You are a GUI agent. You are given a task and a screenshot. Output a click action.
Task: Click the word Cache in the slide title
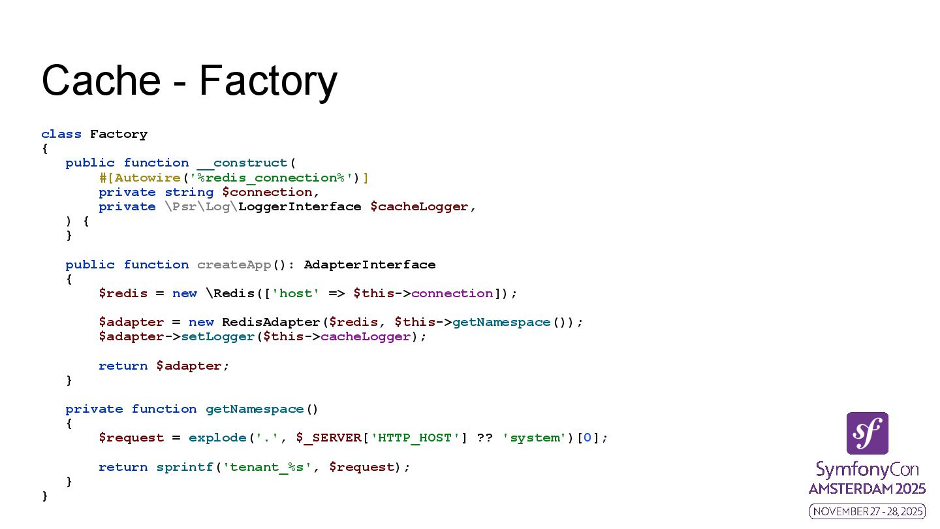click(x=101, y=80)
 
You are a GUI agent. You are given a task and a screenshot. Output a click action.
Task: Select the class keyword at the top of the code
click(x=61, y=134)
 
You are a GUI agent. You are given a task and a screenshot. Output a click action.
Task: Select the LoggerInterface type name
click(x=300, y=206)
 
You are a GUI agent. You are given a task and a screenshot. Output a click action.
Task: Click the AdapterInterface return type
click(x=369, y=264)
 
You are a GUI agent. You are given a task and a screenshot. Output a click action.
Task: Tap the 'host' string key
click(x=296, y=293)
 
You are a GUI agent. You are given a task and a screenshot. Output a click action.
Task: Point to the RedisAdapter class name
click(x=271, y=322)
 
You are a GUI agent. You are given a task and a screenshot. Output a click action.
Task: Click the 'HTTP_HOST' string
click(x=415, y=438)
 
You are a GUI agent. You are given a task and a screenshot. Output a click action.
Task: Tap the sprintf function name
click(x=185, y=467)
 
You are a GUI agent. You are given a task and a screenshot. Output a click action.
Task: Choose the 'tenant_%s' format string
click(x=267, y=467)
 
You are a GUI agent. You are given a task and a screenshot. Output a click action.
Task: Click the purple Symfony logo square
click(x=867, y=433)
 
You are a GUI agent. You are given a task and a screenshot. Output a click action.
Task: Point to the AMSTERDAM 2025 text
click(x=867, y=489)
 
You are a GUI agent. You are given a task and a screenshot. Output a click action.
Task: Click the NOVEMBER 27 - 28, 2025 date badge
click(x=867, y=511)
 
